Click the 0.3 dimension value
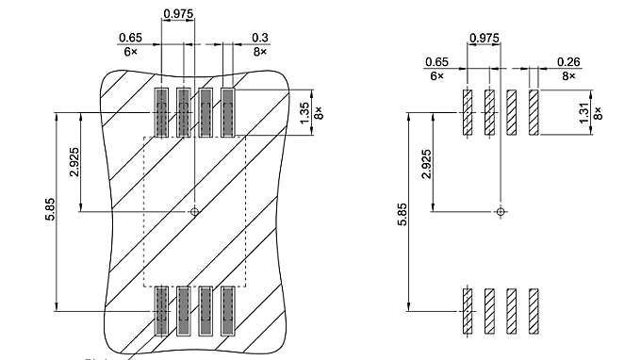260,38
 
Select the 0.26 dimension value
567,61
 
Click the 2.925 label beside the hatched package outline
74,162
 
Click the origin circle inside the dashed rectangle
194,211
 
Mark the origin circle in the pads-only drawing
500,211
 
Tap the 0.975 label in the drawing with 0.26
484,39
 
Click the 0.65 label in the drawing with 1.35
130,38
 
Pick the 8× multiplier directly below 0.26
567,74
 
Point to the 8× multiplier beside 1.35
319,113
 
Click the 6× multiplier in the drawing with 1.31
436,74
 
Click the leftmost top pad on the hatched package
161,113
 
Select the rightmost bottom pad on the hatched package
227,310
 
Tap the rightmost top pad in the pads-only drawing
534,113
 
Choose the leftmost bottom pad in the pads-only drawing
467,310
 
